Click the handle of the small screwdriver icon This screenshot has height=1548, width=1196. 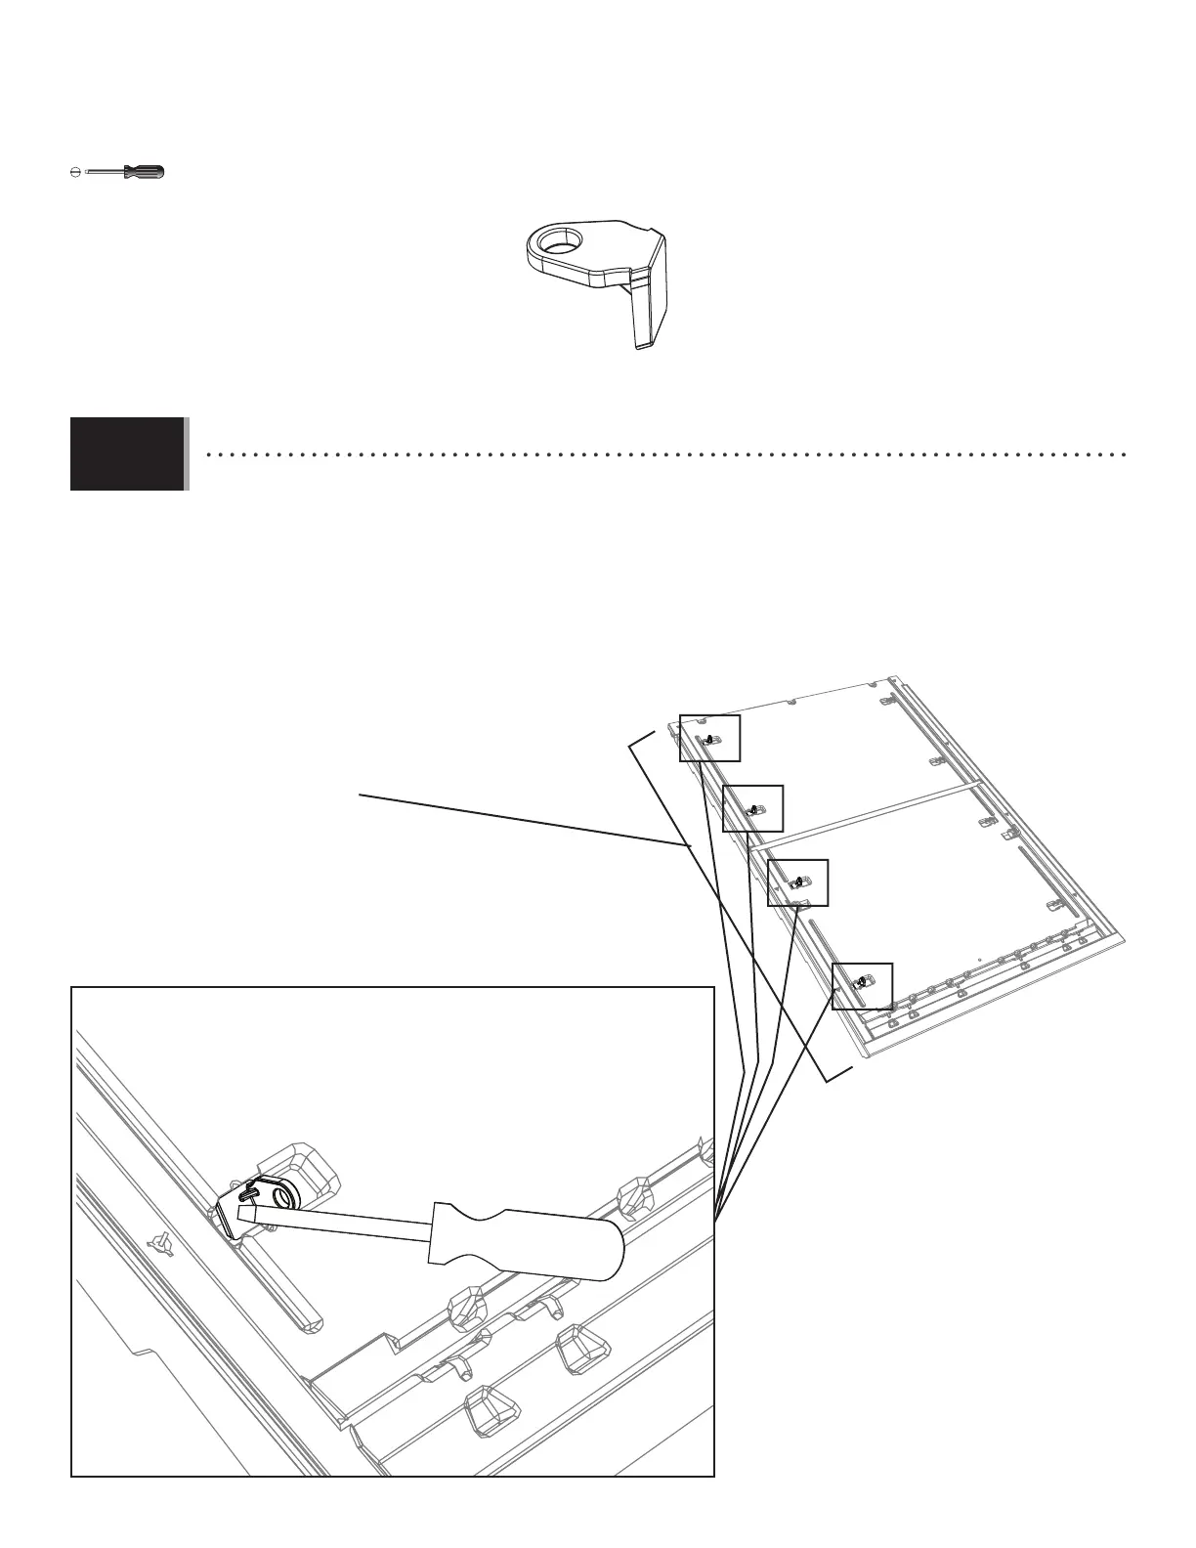(x=145, y=172)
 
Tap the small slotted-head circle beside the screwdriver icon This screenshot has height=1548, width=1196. (x=76, y=172)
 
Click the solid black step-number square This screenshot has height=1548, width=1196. (x=127, y=453)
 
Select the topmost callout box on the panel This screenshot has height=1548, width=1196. (x=710, y=738)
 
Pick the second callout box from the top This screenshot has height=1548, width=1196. (x=752, y=808)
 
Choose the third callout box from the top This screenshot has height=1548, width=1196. (x=798, y=881)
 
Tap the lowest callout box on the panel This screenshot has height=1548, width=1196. (x=862, y=986)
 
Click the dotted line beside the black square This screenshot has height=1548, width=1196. (x=664, y=454)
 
